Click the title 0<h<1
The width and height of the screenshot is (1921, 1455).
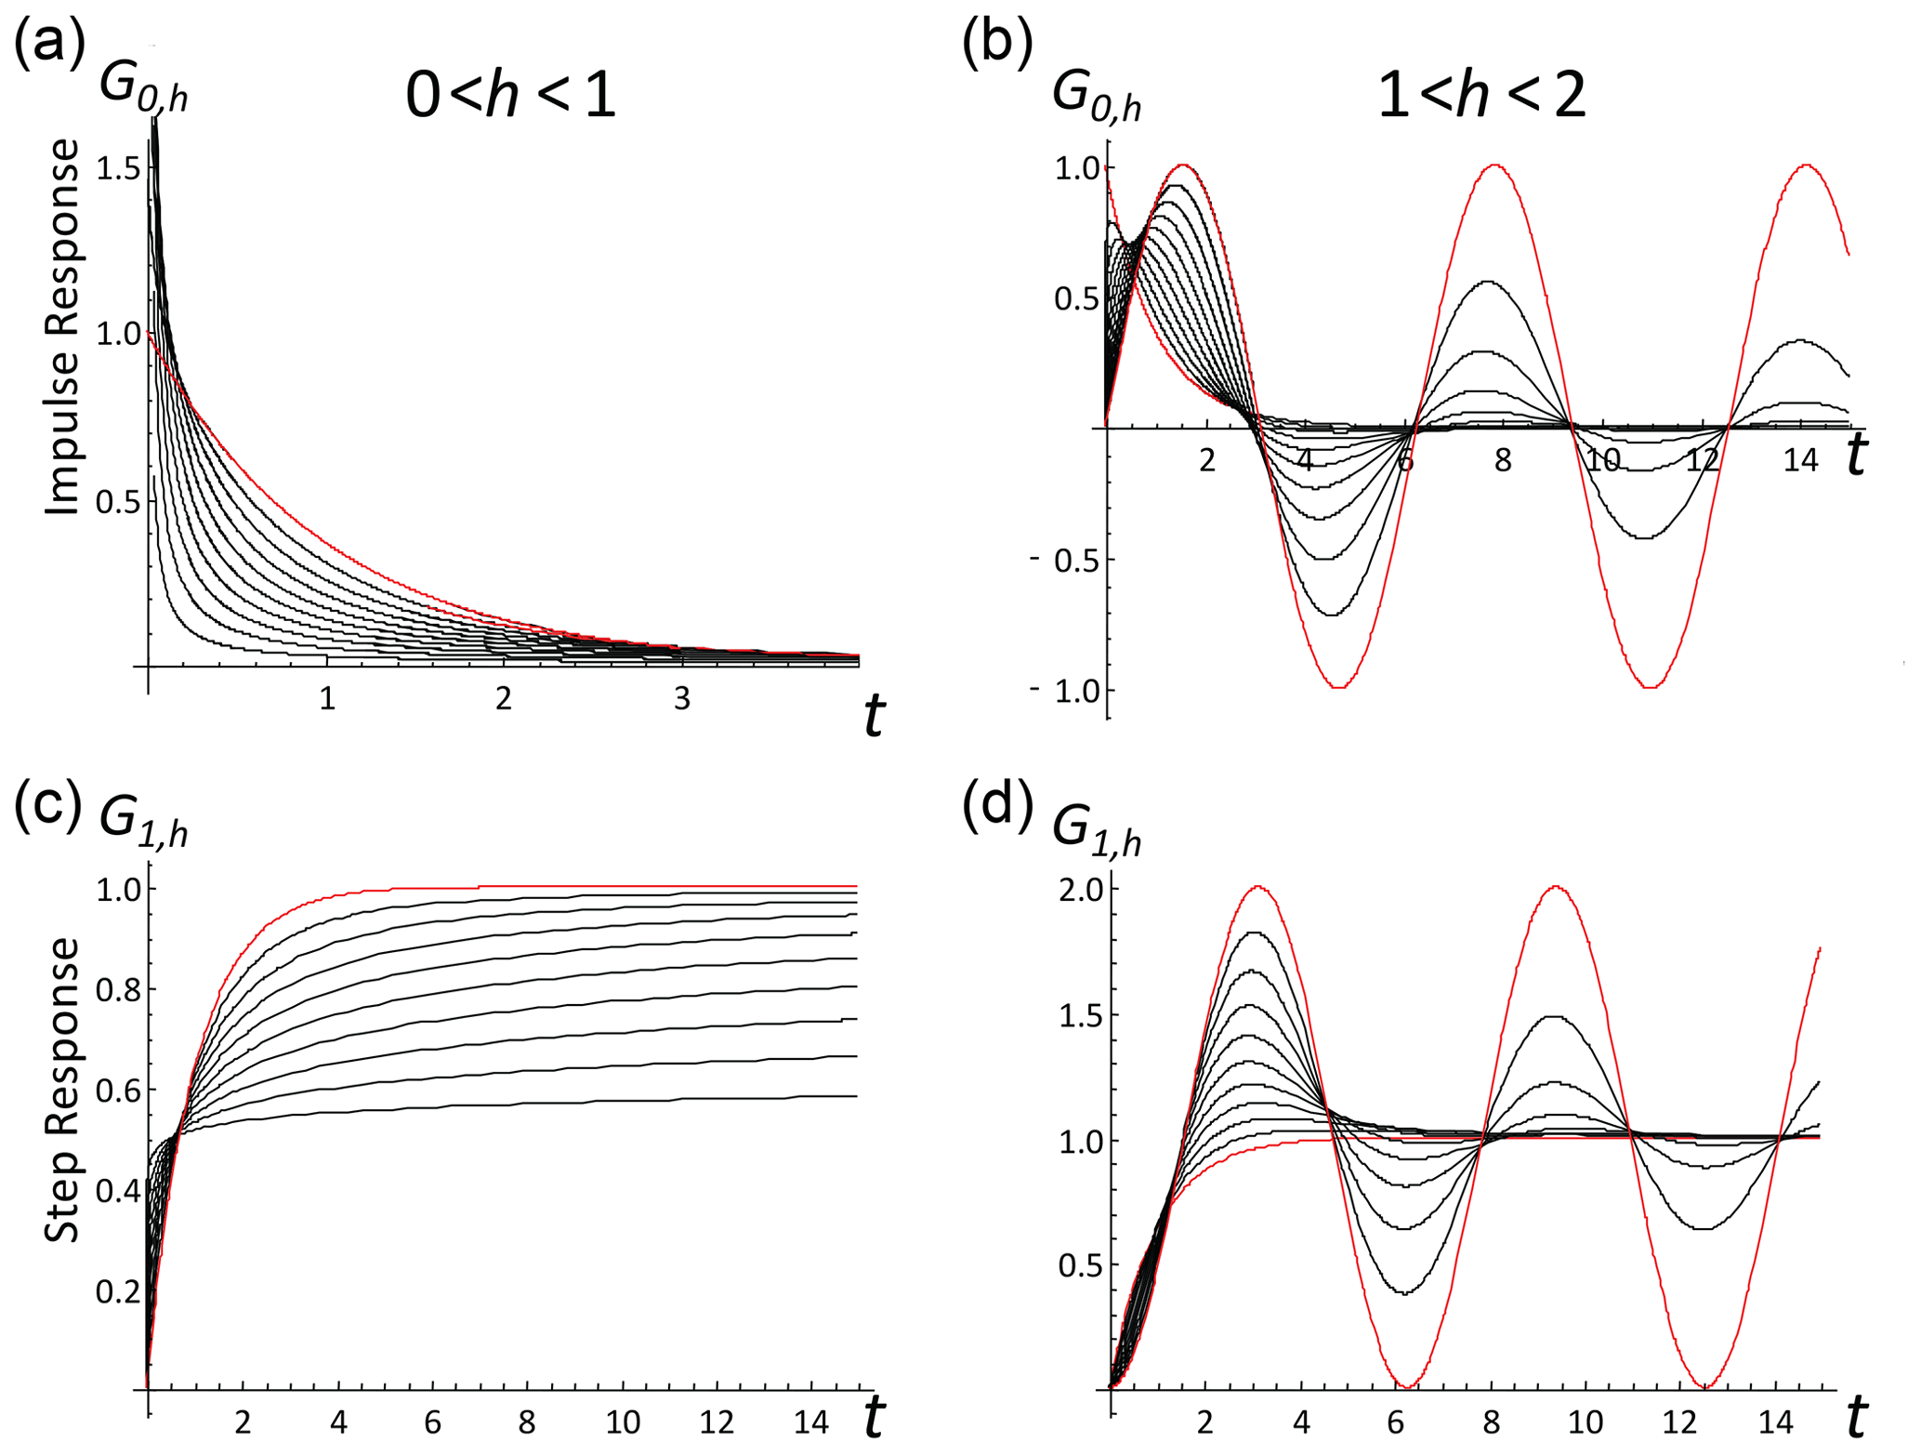pyautogui.click(x=510, y=96)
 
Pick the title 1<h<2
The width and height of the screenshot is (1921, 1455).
pyautogui.click(x=1481, y=96)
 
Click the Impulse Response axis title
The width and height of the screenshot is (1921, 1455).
pyautogui.click(x=62, y=326)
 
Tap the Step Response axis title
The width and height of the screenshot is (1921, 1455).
pyautogui.click(x=62, y=1089)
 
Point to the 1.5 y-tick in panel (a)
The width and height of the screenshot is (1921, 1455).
pyautogui.click(x=118, y=168)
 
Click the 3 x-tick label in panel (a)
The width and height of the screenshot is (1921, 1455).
pyautogui.click(x=682, y=699)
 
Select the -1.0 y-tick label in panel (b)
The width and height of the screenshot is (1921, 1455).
pyautogui.click(x=1063, y=691)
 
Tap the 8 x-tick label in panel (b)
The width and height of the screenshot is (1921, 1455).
pyautogui.click(x=1503, y=460)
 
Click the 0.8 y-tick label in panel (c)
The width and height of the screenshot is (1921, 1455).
pyautogui.click(x=118, y=990)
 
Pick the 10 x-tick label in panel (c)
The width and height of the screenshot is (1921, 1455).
pyautogui.click(x=623, y=1422)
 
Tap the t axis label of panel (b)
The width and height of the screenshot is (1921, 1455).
pyautogui.click(x=1855, y=456)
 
